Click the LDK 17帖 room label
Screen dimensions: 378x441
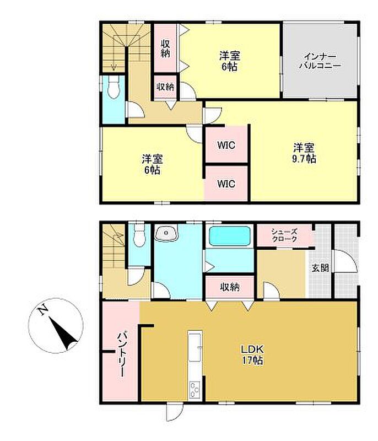(252, 354)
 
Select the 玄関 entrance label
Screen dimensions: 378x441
(320, 267)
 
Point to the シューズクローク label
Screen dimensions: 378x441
(284, 235)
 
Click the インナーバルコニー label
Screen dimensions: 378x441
(320, 61)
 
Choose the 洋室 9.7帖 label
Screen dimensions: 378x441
(304, 153)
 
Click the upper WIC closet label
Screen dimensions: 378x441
(226, 145)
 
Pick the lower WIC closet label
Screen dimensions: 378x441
(226, 184)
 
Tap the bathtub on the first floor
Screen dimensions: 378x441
(230, 236)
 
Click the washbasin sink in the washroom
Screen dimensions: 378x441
(166, 233)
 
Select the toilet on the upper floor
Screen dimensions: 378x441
(114, 87)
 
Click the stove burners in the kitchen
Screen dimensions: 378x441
(195, 389)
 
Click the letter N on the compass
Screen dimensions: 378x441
(42, 310)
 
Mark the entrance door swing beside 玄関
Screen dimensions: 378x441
(345, 261)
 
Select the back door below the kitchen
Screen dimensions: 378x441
(174, 412)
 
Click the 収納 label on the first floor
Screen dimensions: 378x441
(230, 287)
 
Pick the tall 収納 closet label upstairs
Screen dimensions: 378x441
(165, 49)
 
